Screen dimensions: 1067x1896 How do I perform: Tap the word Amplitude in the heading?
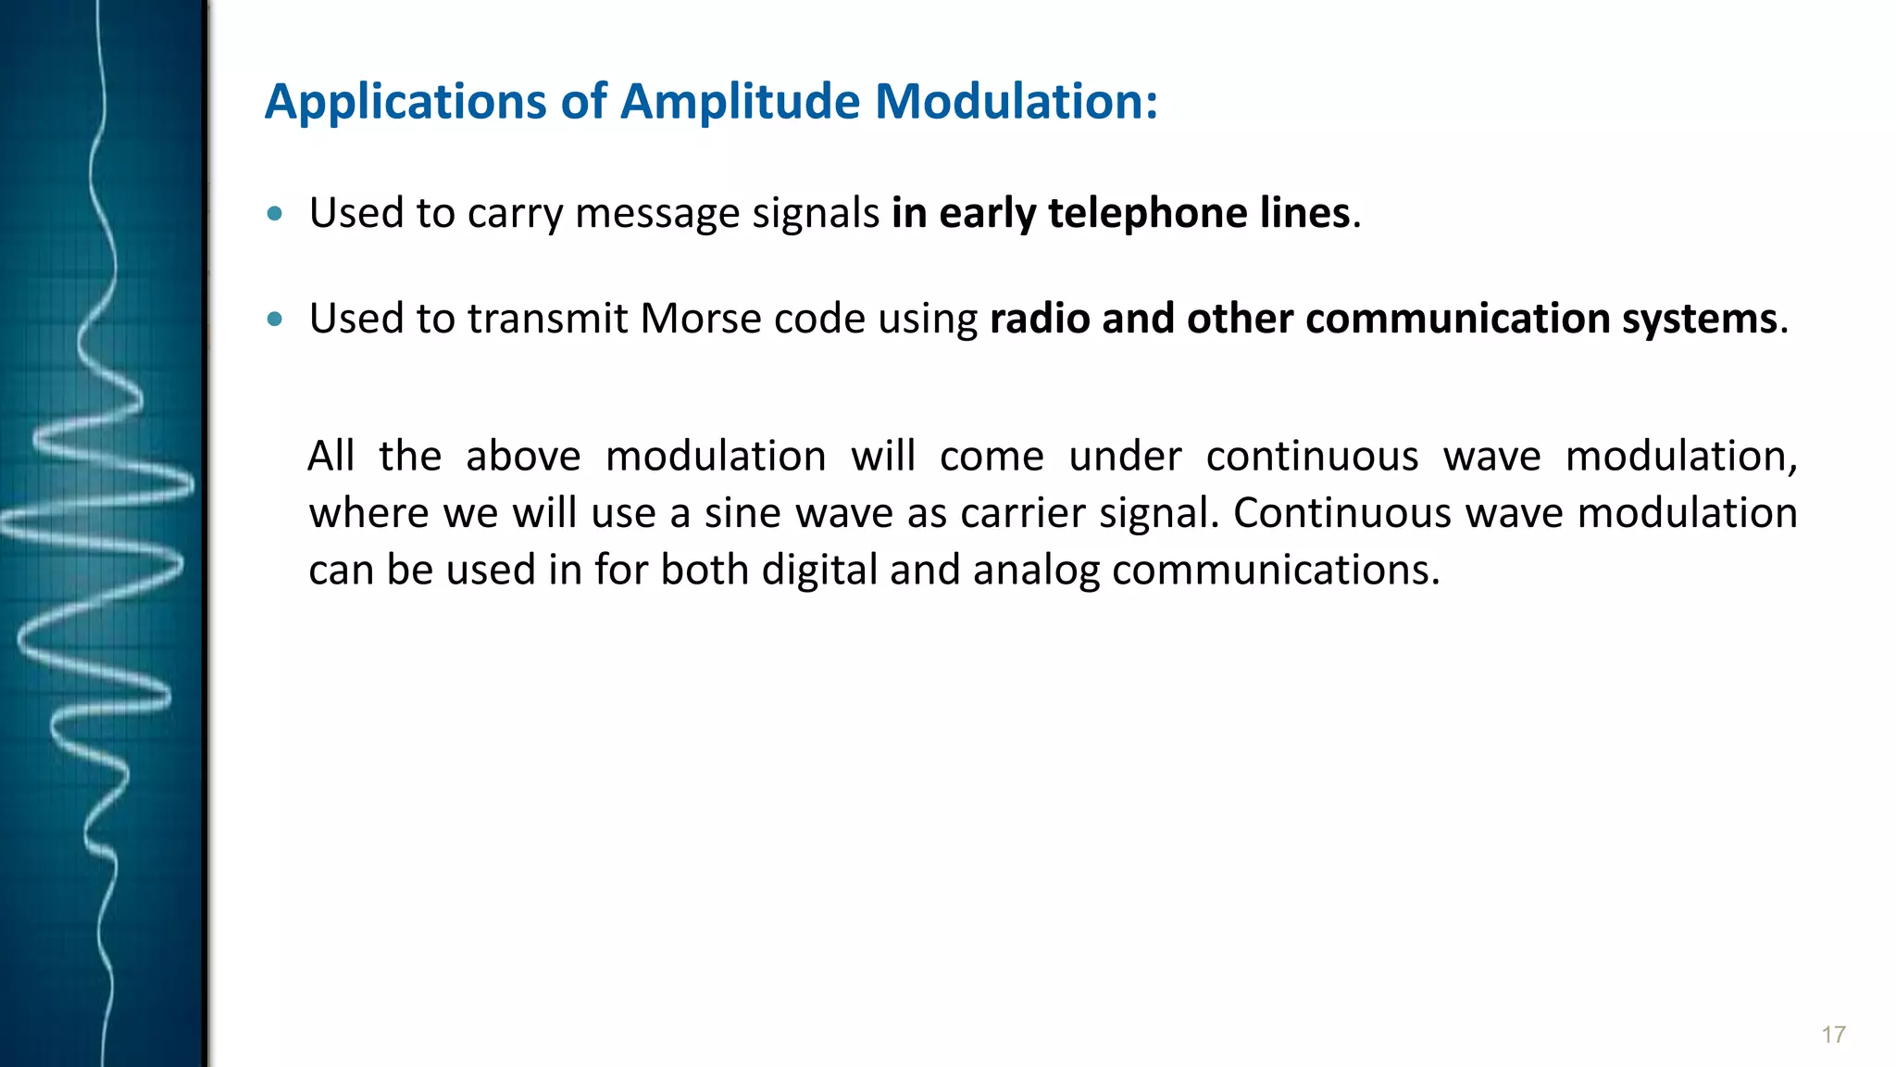741,102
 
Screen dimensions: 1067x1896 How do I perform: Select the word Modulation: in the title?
1017,102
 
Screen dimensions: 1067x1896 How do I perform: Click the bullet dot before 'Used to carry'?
274,214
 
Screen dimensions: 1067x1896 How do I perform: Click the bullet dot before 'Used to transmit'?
274,320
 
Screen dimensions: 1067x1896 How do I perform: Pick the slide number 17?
1833,1035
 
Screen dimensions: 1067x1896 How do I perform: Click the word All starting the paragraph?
331,457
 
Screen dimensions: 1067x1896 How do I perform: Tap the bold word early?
987,214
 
